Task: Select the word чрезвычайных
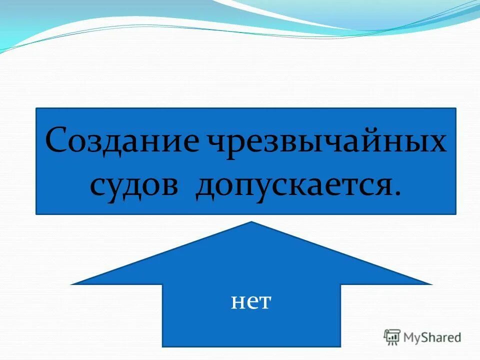point(324,142)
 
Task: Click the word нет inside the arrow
point(251,302)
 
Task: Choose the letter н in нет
point(237,302)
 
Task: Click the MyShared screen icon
point(392,337)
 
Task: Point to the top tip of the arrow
point(251,222)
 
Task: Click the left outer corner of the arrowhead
point(71,284)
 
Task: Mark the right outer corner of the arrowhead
point(431,284)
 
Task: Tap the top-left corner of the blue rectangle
point(36,108)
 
